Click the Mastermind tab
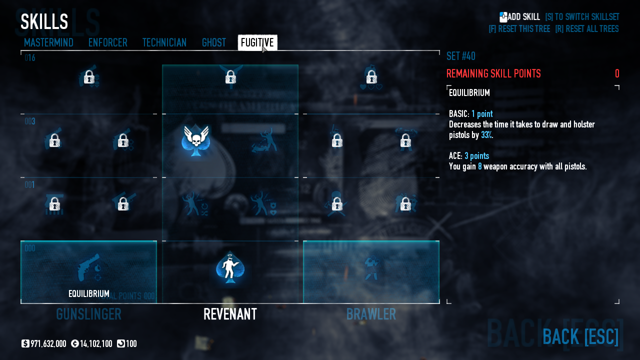click(48, 43)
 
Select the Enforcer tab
click(107, 43)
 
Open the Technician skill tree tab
click(164, 43)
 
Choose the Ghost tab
click(214, 43)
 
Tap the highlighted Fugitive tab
click(257, 43)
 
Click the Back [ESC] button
click(580, 336)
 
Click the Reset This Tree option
click(519, 29)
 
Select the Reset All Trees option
click(586, 29)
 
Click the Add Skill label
click(523, 17)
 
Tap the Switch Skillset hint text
click(582, 17)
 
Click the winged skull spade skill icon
click(196, 140)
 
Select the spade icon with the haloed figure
click(230, 267)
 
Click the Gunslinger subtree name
click(88, 314)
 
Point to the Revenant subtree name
click(230, 314)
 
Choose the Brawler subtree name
click(371, 314)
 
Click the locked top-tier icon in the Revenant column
click(230, 77)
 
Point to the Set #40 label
click(460, 56)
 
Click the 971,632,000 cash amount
click(48, 344)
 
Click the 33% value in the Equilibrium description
click(486, 135)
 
